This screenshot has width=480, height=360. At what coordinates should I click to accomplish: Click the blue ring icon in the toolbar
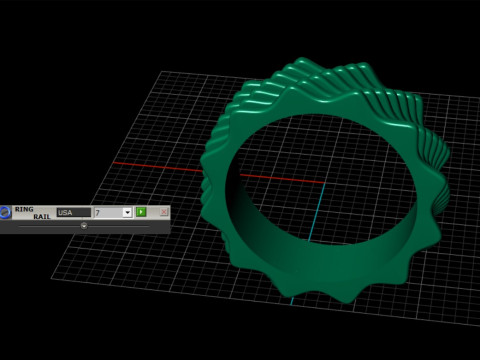6,212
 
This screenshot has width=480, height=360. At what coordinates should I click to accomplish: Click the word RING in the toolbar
24,209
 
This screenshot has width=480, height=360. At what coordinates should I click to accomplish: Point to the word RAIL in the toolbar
40,217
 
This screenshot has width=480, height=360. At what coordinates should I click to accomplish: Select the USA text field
72,213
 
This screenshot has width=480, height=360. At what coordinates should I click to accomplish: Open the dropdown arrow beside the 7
127,213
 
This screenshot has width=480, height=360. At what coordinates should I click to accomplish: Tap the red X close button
163,213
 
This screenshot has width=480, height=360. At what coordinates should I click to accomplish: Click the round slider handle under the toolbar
83,226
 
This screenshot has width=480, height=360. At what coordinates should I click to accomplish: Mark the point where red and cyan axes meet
324,185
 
